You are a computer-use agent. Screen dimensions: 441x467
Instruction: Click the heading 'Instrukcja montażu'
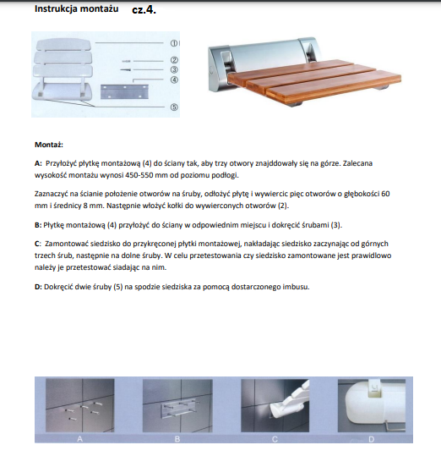76,9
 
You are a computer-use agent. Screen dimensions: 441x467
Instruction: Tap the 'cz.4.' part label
144,10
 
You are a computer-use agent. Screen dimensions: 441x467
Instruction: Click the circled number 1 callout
174,43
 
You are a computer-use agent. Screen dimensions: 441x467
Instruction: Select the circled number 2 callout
174,60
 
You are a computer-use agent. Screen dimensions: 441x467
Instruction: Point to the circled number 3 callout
174,69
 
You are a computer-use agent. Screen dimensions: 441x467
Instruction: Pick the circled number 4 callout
174,80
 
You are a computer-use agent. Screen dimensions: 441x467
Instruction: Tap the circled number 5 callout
174,107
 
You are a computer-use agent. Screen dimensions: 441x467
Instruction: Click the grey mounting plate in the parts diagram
124,91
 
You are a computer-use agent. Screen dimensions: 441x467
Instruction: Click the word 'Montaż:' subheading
49,145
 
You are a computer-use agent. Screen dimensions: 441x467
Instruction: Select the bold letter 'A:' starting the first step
38,163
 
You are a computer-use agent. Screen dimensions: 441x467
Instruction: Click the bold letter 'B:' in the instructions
38,225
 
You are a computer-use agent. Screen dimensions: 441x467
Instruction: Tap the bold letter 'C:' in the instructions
38,244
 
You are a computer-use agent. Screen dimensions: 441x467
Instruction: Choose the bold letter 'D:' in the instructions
38,287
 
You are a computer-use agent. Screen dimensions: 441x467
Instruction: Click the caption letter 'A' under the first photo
79,439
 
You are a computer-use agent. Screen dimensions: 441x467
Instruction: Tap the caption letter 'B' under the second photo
177,439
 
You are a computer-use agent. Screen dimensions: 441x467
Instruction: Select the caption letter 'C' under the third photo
275,439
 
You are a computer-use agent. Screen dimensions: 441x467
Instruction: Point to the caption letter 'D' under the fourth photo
372,439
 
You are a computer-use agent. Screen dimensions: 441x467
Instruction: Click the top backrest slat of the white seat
63,45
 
